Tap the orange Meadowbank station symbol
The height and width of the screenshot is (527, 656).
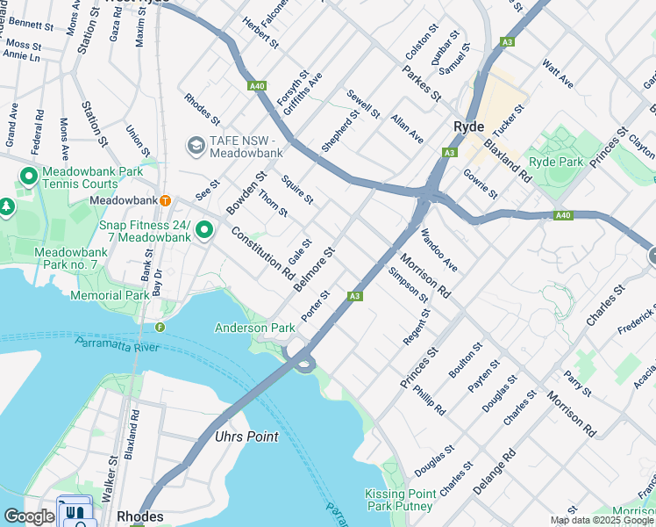click(164, 200)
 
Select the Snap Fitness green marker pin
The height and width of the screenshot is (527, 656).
click(204, 230)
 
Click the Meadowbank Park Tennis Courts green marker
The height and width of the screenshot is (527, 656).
click(28, 177)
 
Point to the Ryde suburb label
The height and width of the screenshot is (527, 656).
click(469, 126)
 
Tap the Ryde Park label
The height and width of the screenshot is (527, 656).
click(557, 162)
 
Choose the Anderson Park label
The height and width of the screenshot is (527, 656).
click(255, 328)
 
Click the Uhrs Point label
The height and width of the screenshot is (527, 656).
click(246, 437)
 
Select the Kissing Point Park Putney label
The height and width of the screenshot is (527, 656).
click(399, 500)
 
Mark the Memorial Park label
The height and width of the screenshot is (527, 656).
click(110, 296)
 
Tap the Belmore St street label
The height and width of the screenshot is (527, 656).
click(315, 271)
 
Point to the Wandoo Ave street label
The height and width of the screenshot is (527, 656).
click(439, 249)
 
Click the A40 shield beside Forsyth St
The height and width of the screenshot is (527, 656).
click(257, 86)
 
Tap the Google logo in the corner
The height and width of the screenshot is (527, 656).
click(28, 516)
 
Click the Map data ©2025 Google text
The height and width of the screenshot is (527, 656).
click(602, 520)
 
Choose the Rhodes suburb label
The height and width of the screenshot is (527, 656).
click(140, 516)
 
